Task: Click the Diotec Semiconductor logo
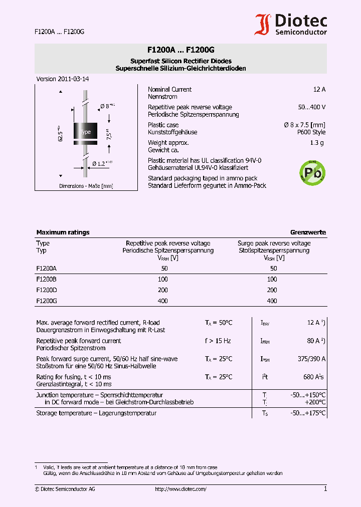click(x=291, y=24)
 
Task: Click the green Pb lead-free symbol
click(x=312, y=173)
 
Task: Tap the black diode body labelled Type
click(x=85, y=131)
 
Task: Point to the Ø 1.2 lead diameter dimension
click(x=102, y=163)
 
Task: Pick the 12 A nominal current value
click(x=319, y=89)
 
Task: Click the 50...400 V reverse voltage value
click(x=311, y=107)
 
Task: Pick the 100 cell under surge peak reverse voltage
click(x=272, y=279)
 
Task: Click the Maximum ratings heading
click(x=63, y=232)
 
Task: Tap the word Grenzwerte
click(x=308, y=232)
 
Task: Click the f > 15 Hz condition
click(x=218, y=341)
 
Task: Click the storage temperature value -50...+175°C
click(x=308, y=413)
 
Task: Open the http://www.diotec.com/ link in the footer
click(x=180, y=489)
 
